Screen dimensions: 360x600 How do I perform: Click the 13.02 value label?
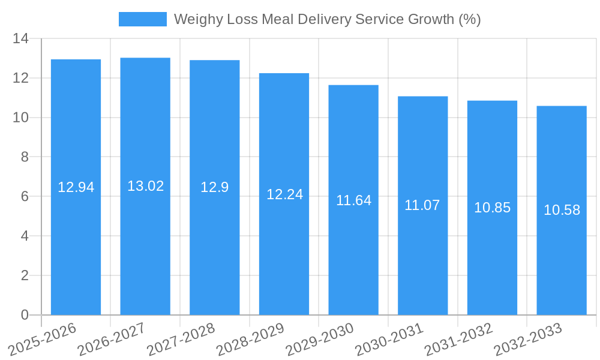(x=145, y=186)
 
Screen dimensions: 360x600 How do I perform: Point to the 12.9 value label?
(x=214, y=187)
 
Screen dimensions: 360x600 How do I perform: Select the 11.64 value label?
(x=353, y=200)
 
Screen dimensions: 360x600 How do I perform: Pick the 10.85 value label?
(x=492, y=208)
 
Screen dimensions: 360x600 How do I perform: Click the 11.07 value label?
(x=422, y=205)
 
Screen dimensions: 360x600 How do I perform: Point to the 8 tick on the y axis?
(x=25, y=157)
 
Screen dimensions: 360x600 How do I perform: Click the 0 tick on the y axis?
(x=25, y=315)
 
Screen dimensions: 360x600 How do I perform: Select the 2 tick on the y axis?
(x=25, y=275)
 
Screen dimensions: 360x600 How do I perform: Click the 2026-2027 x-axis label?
(x=112, y=340)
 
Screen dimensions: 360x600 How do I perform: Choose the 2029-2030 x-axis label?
(x=320, y=340)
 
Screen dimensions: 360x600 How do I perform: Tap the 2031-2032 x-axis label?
(x=458, y=340)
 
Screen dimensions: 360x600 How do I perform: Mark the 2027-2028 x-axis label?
(x=181, y=340)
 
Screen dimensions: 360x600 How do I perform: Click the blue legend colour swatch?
(x=143, y=19)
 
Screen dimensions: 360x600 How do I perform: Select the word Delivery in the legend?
(x=326, y=19)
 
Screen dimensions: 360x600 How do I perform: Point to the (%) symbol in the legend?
(x=469, y=19)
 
